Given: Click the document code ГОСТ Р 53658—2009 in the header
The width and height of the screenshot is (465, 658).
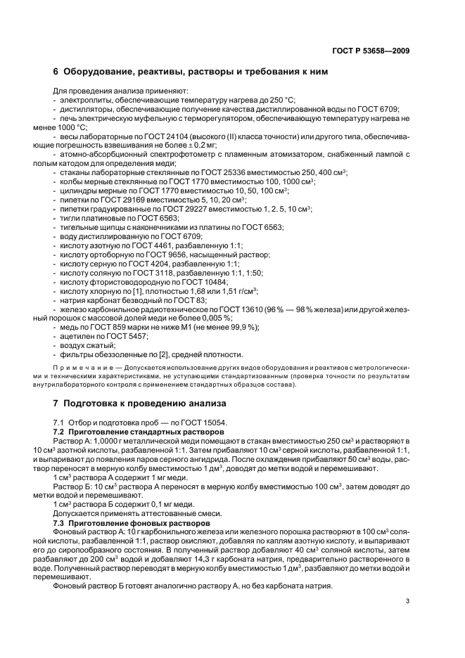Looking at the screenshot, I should (x=371, y=51).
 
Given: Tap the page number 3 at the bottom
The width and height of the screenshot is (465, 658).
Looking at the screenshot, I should (x=408, y=600).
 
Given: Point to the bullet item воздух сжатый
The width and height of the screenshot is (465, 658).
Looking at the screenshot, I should (x=87, y=346).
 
